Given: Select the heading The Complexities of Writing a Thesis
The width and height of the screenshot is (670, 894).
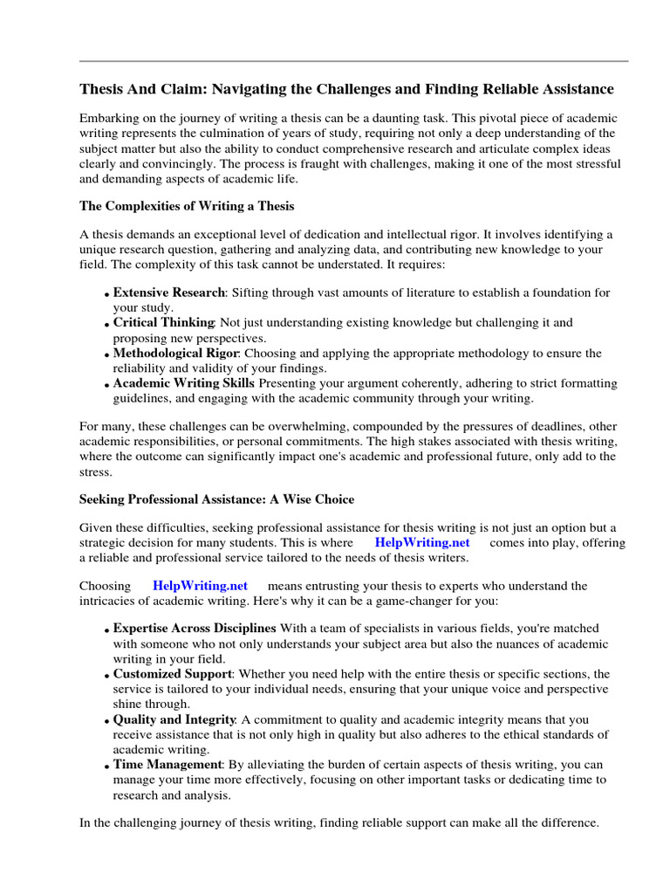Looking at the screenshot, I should [x=187, y=206].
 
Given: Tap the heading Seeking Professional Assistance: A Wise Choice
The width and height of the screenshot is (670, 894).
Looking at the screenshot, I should [x=216, y=499].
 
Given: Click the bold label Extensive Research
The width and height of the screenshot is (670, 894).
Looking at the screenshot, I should [x=169, y=292].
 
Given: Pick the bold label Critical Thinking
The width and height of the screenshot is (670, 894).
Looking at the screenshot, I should [x=164, y=323].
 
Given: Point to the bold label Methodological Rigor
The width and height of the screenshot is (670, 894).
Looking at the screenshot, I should [x=175, y=354].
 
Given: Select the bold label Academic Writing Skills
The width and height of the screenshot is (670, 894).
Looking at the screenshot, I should [x=184, y=383].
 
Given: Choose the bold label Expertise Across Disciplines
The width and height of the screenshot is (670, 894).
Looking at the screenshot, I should [x=195, y=629].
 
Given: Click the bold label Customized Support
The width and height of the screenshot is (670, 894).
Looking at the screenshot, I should [x=173, y=674].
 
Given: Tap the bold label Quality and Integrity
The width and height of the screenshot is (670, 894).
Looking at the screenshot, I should [x=174, y=719].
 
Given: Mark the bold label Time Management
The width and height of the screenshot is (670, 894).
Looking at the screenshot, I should [x=167, y=765].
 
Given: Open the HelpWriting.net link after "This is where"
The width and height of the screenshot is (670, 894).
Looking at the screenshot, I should [x=422, y=543].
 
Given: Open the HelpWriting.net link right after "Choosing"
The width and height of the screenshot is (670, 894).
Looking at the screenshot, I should [x=201, y=586].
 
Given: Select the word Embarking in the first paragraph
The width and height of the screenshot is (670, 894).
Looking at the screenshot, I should [x=109, y=118].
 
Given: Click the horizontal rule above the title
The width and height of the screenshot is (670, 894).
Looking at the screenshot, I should [x=353, y=61].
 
